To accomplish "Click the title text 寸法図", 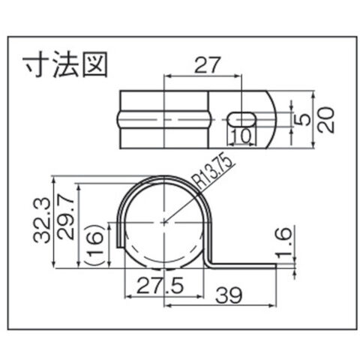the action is (65, 64).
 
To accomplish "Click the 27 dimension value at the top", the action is (208, 65).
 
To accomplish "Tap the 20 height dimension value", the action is (325, 120).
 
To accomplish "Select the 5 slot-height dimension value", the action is (302, 119).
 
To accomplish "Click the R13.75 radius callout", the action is (214, 172).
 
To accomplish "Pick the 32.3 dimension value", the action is (41, 220).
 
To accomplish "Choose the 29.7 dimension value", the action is (66, 217).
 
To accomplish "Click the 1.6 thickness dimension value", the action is (283, 242).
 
